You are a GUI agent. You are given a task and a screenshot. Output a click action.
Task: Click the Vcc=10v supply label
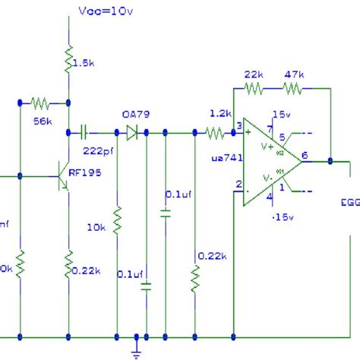point(103,11)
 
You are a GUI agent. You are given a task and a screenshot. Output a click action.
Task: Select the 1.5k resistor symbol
point(68,58)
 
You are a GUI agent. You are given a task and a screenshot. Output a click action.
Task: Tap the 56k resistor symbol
point(43,102)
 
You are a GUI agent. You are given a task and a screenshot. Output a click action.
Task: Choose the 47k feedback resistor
point(292,89)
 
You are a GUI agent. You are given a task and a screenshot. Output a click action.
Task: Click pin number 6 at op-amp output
point(304,155)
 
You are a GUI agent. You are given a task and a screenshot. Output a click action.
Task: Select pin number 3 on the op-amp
point(238,125)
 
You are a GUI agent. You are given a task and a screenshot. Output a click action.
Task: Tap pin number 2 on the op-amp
point(238,184)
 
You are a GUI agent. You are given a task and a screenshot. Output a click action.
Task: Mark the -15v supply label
point(281,218)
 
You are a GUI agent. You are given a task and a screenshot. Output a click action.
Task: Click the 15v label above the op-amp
point(280,115)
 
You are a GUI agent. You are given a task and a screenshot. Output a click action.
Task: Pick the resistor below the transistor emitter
point(68,263)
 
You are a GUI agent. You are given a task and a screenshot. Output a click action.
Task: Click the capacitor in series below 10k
point(147,286)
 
